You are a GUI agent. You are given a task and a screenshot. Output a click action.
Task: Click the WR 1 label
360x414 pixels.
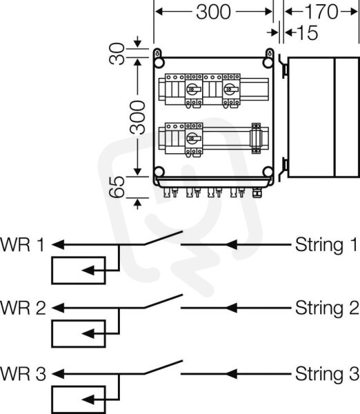click(22, 244)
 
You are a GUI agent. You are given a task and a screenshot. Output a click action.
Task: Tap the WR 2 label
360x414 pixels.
click(23, 308)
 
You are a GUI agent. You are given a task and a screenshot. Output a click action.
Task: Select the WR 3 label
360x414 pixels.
click(23, 373)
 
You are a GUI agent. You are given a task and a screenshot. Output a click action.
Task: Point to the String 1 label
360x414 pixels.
click(326, 246)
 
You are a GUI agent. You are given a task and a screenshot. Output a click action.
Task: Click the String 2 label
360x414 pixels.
click(327, 308)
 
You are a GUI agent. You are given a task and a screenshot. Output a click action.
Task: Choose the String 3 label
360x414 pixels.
click(327, 375)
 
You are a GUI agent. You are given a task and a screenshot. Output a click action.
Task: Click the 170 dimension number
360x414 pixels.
click(321, 12)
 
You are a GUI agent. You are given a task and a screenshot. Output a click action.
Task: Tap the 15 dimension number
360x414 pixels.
click(308, 32)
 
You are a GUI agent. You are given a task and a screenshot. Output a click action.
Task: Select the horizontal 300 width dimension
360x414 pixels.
click(214, 12)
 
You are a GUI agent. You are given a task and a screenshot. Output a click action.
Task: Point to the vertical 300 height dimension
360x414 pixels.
click(138, 117)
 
